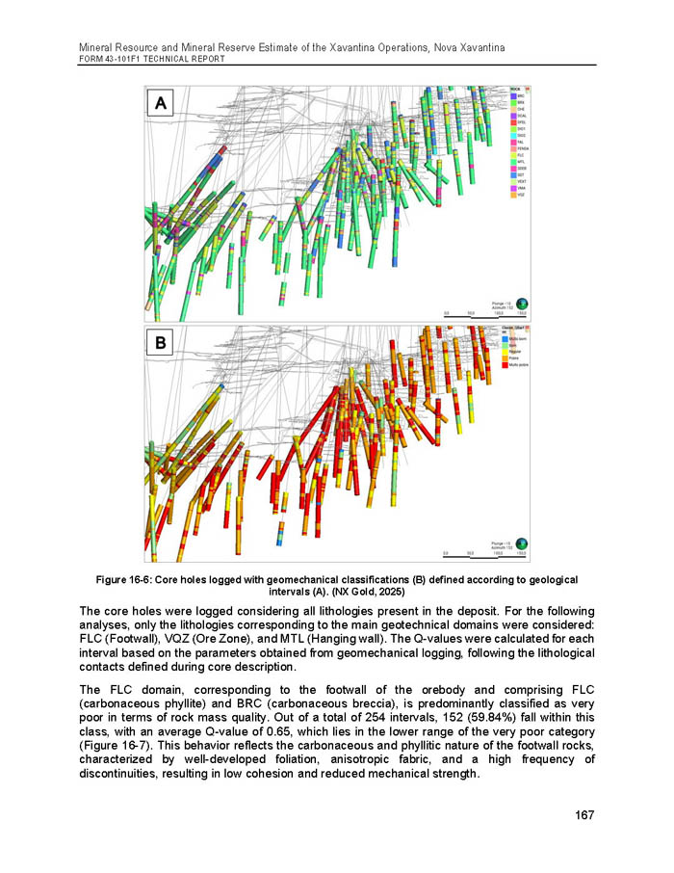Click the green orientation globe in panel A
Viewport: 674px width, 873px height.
point(523,302)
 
